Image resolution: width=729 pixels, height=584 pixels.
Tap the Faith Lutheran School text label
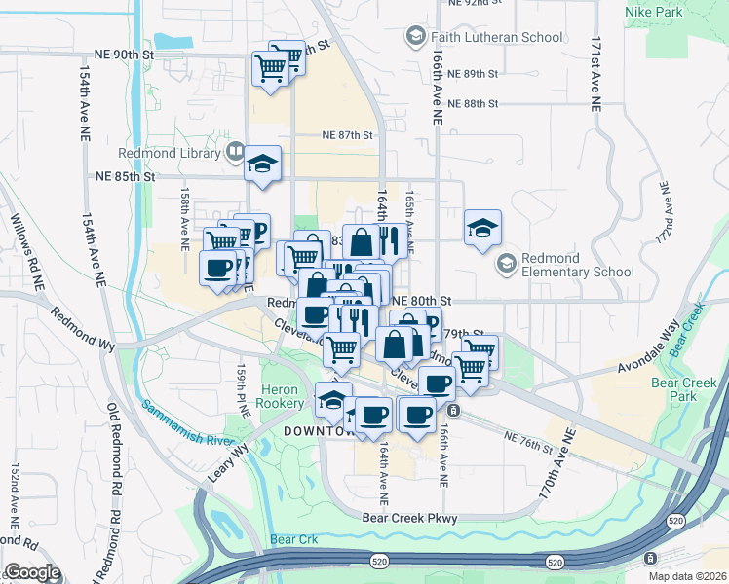(x=497, y=37)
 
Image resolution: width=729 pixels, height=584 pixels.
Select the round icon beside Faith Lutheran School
(x=415, y=36)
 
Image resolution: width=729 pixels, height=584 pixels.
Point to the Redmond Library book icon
(x=234, y=152)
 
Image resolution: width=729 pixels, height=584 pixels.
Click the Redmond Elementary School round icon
(x=506, y=264)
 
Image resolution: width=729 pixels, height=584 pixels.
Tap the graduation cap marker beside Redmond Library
(x=262, y=164)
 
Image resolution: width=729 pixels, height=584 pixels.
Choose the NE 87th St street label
(x=348, y=137)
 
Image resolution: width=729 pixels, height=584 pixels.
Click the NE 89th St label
(x=475, y=74)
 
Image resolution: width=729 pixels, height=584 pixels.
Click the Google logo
(x=32, y=572)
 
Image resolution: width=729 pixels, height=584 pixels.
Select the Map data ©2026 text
(x=686, y=576)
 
